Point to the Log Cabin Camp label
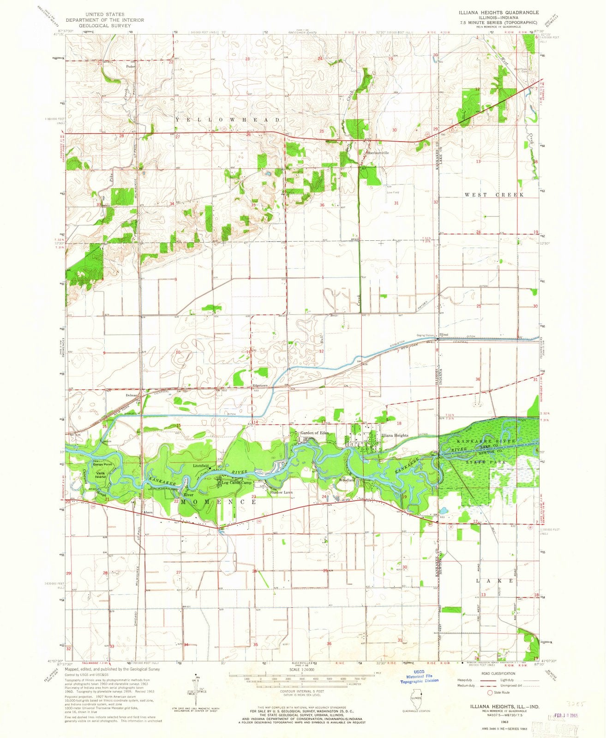pyautogui.click(x=237, y=482)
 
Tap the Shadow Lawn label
pyautogui.click(x=282, y=492)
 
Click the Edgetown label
pyautogui.click(x=260, y=385)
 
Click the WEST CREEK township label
pyautogui.click(x=494, y=195)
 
